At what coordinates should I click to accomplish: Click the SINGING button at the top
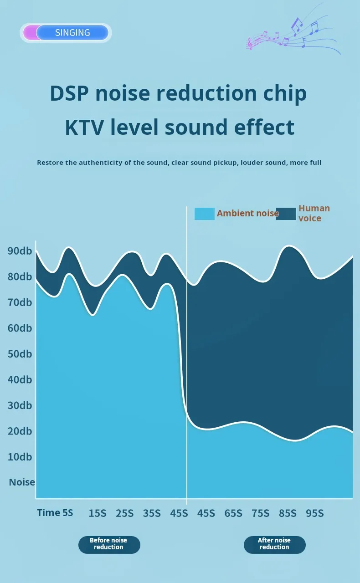coord(72,33)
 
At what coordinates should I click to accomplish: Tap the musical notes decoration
coord(294,36)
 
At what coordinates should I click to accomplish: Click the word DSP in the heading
coord(69,93)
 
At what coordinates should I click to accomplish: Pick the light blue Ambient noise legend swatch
coord(204,214)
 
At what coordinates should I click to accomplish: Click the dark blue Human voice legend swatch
coord(286,214)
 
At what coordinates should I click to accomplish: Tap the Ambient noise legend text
coord(247,213)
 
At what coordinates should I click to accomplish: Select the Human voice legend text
coord(314,213)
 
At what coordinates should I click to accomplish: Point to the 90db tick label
coord(20,251)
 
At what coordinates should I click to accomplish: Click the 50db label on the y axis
coord(20,353)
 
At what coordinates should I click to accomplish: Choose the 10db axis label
coord(20,456)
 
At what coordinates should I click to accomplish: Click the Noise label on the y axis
coord(22,482)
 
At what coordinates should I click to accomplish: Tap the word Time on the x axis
coord(49,512)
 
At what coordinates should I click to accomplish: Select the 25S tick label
coord(124,513)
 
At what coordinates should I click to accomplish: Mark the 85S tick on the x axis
coord(288,513)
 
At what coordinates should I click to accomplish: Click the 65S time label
coord(233,513)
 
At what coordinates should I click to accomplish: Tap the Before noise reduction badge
coord(109,544)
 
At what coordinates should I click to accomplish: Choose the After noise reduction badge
coord(274,544)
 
